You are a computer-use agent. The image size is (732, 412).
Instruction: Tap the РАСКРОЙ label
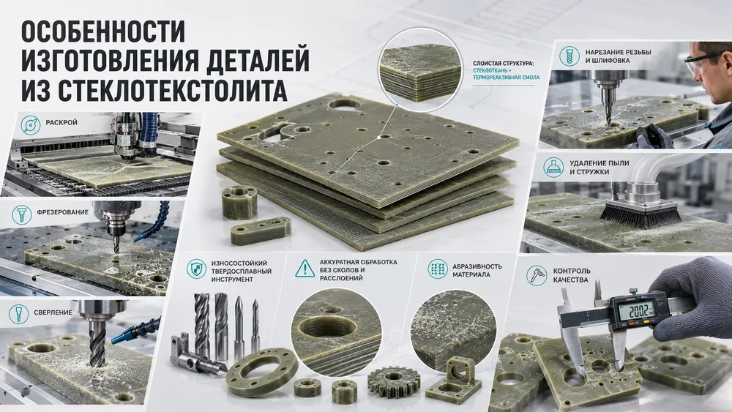point(61,123)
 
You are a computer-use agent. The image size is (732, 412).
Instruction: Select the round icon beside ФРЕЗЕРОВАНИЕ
point(21,214)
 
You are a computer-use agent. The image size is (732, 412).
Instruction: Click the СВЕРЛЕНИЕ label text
point(53,312)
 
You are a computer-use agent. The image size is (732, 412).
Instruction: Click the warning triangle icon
point(305,269)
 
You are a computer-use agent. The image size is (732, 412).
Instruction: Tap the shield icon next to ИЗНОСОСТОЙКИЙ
point(196,270)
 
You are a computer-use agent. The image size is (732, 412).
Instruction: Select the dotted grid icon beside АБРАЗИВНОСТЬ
point(438,269)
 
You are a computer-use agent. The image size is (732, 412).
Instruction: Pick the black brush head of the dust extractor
point(640,215)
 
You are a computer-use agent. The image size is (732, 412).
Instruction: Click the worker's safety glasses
point(701,62)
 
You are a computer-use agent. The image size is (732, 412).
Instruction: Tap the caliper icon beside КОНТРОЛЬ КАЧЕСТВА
point(537,275)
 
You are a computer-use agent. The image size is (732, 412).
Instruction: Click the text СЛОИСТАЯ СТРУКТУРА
point(504,64)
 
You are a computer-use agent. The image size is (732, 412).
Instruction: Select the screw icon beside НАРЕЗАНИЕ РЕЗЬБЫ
point(569,56)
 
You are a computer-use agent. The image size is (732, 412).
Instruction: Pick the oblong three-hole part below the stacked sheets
point(261,231)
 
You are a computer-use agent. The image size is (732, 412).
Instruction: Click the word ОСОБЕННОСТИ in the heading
point(103,32)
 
